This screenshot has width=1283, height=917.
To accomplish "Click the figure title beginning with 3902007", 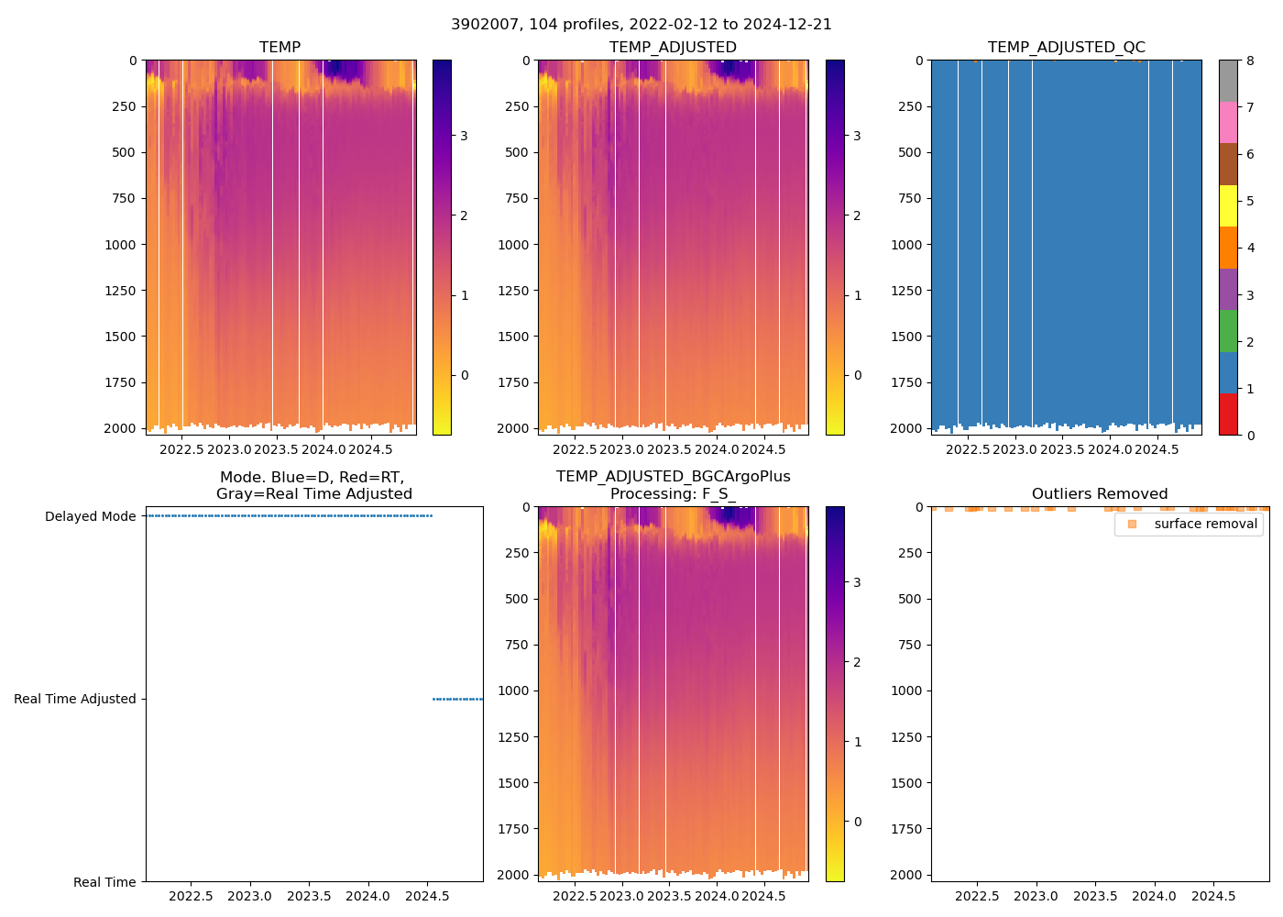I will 641,25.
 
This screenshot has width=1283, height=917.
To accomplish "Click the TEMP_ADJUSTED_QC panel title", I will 1066,47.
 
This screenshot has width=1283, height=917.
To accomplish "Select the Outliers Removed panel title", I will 1099,493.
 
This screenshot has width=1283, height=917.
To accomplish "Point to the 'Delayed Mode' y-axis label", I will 90,516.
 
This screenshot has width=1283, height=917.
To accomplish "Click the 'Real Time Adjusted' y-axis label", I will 75,699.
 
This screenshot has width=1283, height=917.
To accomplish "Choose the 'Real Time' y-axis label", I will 104,882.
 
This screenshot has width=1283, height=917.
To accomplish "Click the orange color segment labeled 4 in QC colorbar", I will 1228,248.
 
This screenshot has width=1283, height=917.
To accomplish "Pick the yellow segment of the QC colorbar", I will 1228,205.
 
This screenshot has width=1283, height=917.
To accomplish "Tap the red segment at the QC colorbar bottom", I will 1228,414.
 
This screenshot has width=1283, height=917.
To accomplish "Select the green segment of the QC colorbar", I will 1228,331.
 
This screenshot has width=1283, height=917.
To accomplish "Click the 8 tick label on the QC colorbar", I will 1250,61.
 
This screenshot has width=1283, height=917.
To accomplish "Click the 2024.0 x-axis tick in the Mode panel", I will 368,896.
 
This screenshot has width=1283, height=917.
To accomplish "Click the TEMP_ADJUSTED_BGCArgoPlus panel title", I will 673,485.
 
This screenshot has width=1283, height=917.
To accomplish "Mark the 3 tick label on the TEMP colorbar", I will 465,136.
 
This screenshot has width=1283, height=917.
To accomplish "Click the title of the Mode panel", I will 313,485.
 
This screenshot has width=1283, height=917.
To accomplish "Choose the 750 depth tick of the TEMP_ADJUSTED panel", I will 516,198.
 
